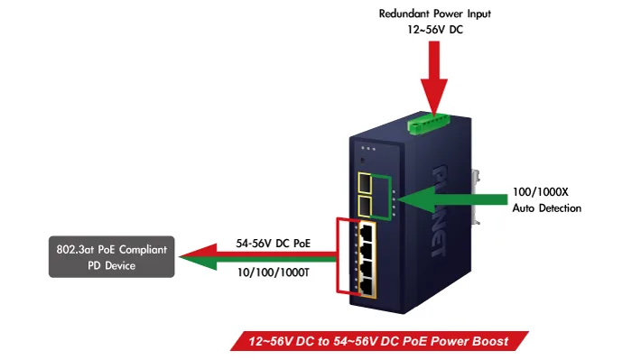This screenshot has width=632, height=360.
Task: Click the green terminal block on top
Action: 428,124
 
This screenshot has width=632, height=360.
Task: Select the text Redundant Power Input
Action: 435,14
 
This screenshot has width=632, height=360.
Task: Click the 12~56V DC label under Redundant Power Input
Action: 435,30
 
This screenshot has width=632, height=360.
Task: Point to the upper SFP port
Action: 365,183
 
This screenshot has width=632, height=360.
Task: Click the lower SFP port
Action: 365,207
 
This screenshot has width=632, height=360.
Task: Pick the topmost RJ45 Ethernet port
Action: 367,232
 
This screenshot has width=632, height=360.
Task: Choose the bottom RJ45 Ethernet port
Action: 367,287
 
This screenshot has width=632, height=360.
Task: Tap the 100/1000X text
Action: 540,191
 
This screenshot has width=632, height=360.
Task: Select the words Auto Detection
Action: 546,208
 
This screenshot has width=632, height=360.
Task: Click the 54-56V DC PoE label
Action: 273,244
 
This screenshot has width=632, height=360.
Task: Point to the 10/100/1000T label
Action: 273,272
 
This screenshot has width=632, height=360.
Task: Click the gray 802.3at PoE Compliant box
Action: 112,256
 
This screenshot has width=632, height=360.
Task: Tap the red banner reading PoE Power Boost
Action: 379,341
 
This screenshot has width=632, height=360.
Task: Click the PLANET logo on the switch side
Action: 441,210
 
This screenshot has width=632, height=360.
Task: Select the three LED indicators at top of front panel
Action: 368,149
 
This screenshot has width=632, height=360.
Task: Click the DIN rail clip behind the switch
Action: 476,197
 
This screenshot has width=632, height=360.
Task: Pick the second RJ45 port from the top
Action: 367,251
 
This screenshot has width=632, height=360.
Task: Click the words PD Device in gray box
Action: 112,265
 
